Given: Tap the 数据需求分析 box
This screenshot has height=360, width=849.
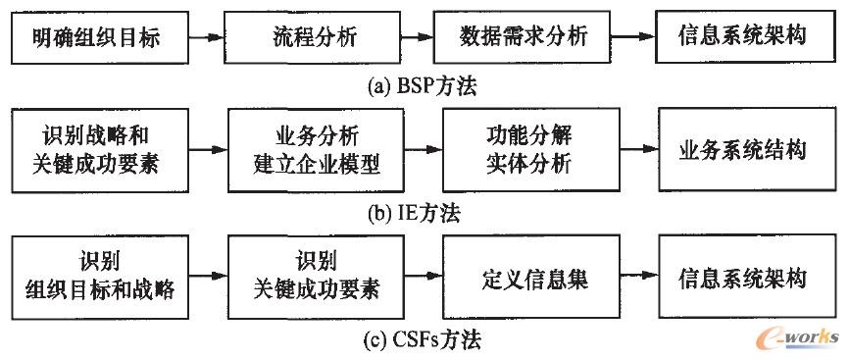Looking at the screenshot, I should (524, 36).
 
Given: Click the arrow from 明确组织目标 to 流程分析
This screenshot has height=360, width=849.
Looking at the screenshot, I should (207, 37).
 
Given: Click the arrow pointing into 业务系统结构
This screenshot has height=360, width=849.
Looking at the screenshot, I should (635, 151).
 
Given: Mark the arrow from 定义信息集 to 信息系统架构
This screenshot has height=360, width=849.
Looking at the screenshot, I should (635, 278).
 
